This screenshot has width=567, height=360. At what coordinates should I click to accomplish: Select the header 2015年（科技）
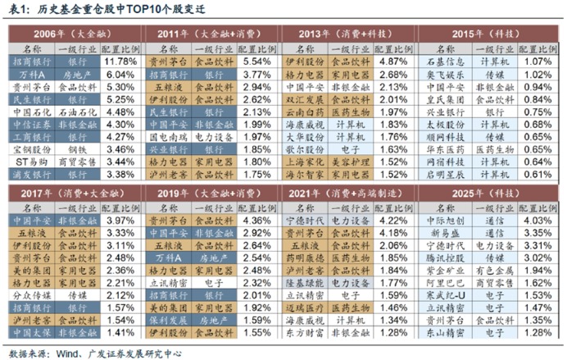tap(488, 34)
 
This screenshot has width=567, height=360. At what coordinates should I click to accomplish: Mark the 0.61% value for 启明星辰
tap(532, 174)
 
